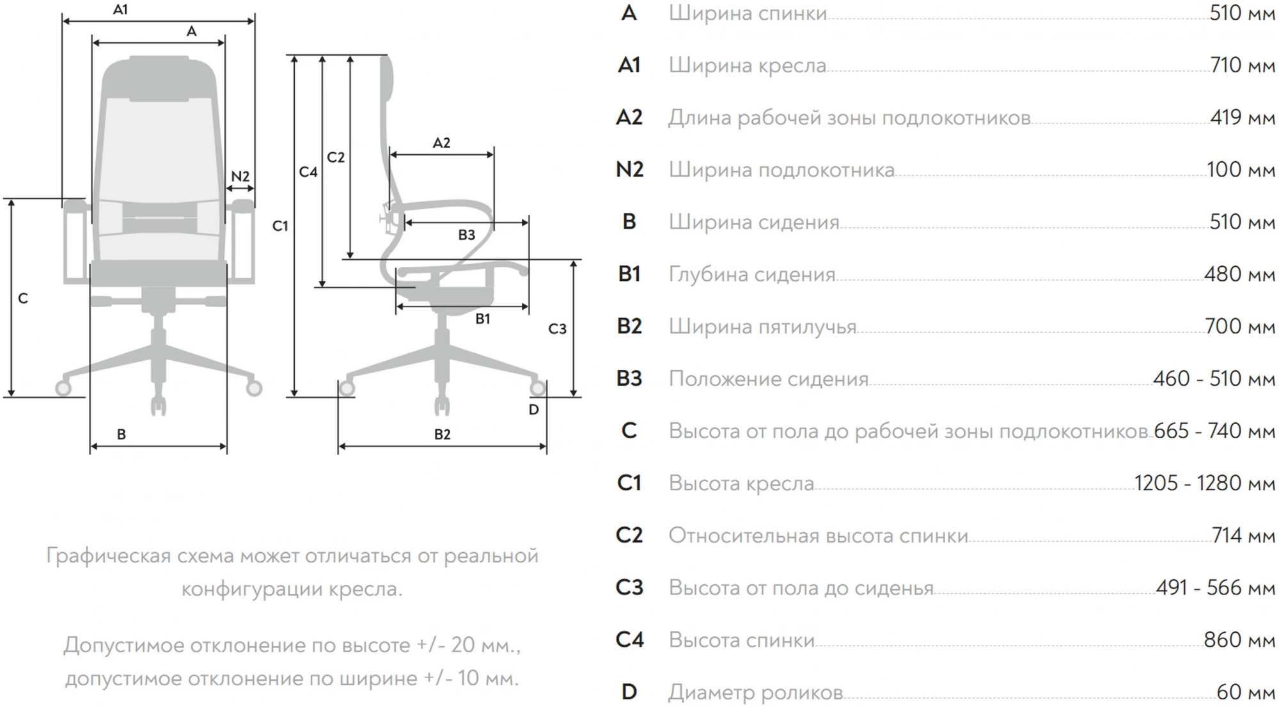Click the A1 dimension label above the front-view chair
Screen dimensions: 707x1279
pyautogui.click(x=120, y=10)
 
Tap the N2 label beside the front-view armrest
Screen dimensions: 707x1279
pyautogui.click(x=240, y=176)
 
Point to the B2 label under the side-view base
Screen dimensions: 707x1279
pyautogui.click(x=443, y=434)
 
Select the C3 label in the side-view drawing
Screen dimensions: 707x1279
pyautogui.click(x=558, y=329)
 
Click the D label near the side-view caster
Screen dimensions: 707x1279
pyautogui.click(x=534, y=409)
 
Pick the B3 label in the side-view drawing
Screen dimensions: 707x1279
pyautogui.click(x=467, y=235)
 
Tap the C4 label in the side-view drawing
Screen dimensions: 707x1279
pyautogui.click(x=308, y=171)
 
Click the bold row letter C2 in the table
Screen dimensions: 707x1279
pyautogui.click(x=629, y=535)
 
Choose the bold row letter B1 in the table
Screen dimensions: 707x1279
pyautogui.click(x=629, y=274)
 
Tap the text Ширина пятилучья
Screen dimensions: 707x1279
pyautogui.click(x=762, y=326)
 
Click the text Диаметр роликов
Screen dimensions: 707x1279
pyautogui.click(x=755, y=692)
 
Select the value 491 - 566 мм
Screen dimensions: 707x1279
pyautogui.click(x=1215, y=587)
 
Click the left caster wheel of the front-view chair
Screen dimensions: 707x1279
pyautogui.click(x=63, y=388)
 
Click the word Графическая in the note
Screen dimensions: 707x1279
pyautogui.click(x=109, y=555)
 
